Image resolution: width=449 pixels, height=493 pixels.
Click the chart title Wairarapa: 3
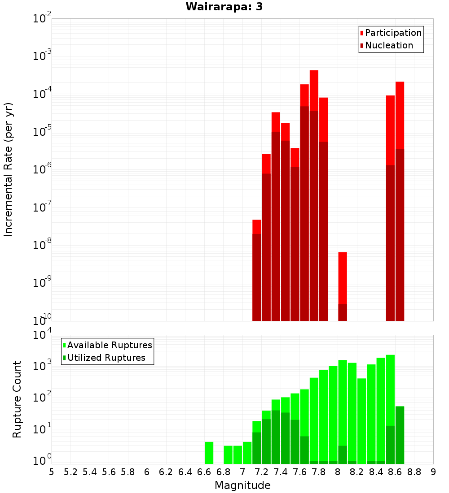[x=221, y=7]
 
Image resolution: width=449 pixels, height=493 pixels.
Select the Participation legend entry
[x=393, y=33]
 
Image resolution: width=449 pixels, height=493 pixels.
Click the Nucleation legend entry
[x=388, y=45]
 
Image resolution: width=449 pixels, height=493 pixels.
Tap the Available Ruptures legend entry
[x=109, y=345]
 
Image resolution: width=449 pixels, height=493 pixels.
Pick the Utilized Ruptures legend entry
[x=106, y=358]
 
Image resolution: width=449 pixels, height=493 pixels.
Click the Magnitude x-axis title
[x=242, y=485]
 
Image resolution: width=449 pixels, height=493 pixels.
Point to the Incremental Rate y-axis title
[x=9, y=169]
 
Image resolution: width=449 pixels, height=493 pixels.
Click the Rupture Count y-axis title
[x=17, y=399]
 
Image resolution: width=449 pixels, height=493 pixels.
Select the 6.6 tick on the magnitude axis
[x=204, y=472]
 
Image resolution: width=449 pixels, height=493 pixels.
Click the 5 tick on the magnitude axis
[x=52, y=472]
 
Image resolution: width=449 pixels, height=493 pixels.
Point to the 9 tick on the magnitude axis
[x=433, y=472]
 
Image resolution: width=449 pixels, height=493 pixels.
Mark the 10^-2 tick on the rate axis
[x=42, y=19]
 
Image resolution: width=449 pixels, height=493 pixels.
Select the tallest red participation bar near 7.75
[x=314, y=90]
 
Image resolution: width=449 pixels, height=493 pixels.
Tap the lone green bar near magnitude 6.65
[x=209, y=453]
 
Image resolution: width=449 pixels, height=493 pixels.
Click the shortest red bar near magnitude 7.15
[x=257, y=227]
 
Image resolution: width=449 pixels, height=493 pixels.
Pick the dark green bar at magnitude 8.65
[x=400, y=435]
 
